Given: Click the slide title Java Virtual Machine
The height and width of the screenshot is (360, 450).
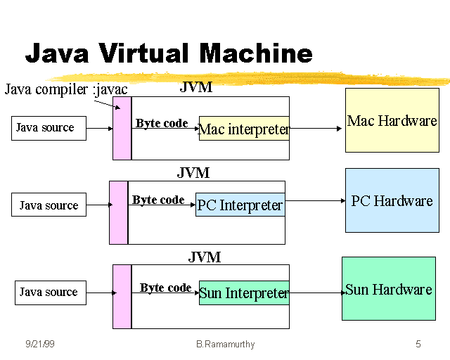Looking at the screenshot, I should point(169,53).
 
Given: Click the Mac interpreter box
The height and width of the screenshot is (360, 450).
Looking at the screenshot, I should point(244,129).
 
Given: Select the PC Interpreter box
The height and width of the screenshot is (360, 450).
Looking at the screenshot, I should point(240,205).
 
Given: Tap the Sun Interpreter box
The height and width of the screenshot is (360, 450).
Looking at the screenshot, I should point(244,292).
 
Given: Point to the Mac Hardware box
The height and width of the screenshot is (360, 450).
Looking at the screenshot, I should point(392,120).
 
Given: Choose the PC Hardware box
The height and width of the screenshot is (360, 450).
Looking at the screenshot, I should point(392,200).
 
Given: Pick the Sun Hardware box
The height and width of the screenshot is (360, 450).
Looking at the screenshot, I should point(388,289).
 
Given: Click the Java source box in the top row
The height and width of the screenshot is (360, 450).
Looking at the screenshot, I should point(49,128).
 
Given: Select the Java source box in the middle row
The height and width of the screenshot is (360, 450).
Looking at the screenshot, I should point(49,205).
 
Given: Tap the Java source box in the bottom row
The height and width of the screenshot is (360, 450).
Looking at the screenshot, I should point(50,292).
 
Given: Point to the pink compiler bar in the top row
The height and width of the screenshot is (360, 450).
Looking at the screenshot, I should point(122,129).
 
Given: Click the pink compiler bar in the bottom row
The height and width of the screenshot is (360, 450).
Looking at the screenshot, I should point(122,296).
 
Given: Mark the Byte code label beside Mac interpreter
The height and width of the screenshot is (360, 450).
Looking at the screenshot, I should point(162,123).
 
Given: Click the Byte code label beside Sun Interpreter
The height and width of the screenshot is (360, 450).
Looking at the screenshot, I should point(165,288).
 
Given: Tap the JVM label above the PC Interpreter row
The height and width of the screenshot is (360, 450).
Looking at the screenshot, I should point(193,173).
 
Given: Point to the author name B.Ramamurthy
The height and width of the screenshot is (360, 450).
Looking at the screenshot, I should point(224,344).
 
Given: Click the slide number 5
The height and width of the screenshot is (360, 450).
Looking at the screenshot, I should point(418,344).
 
